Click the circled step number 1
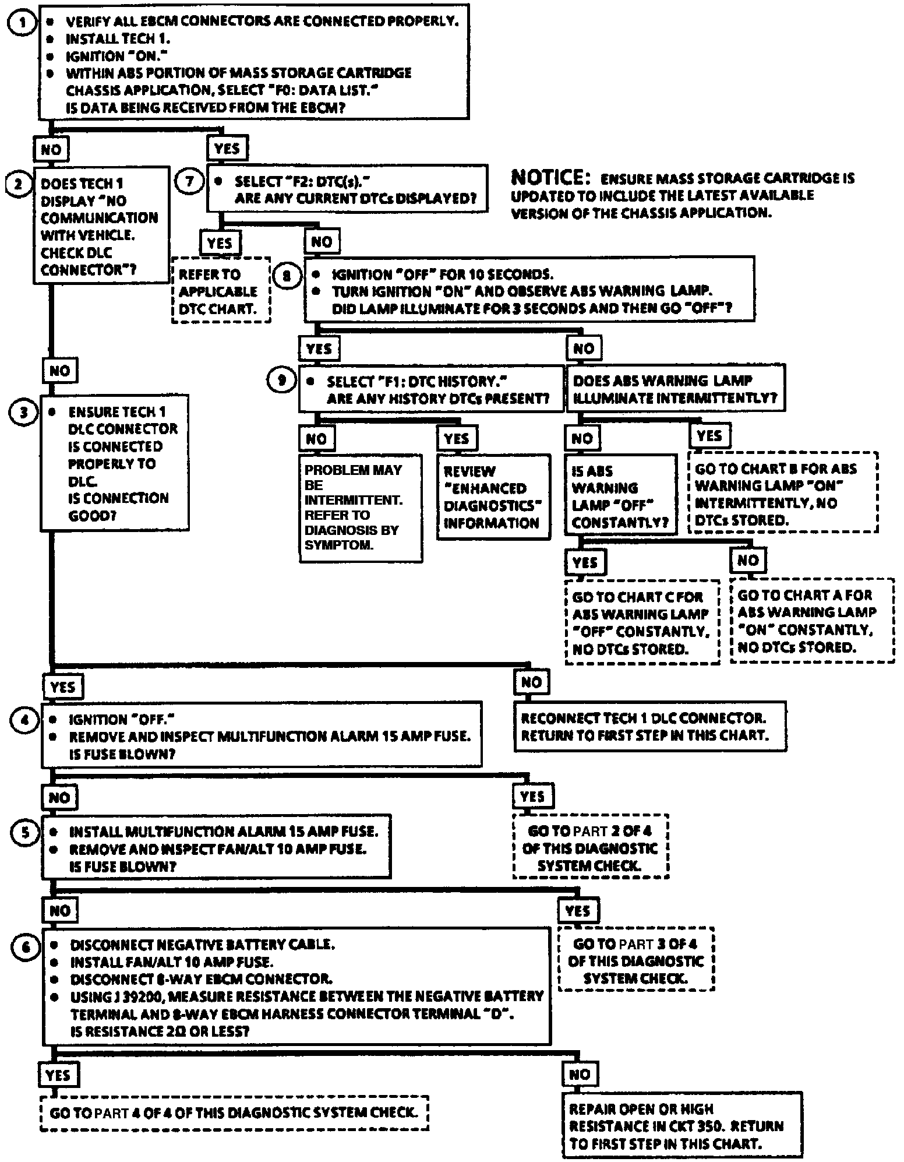pyautogui.click(x=23, y=23)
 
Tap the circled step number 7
pyautogui.click(x=189, y=181)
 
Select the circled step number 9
pyautogui.click(x=282, y=381)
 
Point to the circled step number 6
pyautogui.click(x=25, y=946)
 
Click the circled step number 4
pyautogui.click(x=24, y=720)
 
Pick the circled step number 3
pyautogui.click(x=23, y=412)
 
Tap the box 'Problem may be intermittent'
pyautogui.click(x=361, y=508)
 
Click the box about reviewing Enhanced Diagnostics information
pyautogui.click(x=493, y=497)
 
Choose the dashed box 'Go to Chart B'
pyautogui.click(x=782, y=494)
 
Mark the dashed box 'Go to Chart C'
pyautogui.click(x=642, y=622)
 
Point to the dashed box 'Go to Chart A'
pyautogui.click(x=811, y=621)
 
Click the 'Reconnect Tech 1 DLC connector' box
pyautogui.click(x=649, y=727)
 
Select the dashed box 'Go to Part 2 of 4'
pyautogui.click(x=590, y=847)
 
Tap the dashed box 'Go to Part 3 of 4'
pyautogui.click(x=636, y=960)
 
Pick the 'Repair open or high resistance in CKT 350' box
pyautogui.click(x=682, y=1125)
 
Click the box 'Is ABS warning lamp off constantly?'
pyautogui.click(x=620, y=496)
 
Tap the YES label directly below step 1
pyautogui.click(x=227, y=148)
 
